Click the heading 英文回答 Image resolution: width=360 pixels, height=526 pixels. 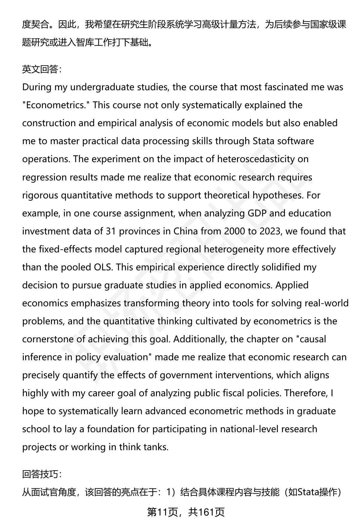[x=42, y=70]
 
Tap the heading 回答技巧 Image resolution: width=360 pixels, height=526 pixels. [x=42, y=474]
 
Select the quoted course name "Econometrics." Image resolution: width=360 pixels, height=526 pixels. [x=54, y=105]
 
